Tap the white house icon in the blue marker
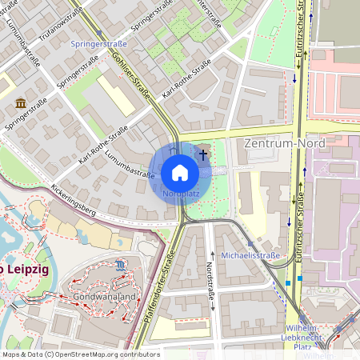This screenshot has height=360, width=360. [180, 173]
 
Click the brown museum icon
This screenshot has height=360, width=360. [20, 104]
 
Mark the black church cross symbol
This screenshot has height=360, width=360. [203, 153]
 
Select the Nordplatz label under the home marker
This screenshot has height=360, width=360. [180, 194]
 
